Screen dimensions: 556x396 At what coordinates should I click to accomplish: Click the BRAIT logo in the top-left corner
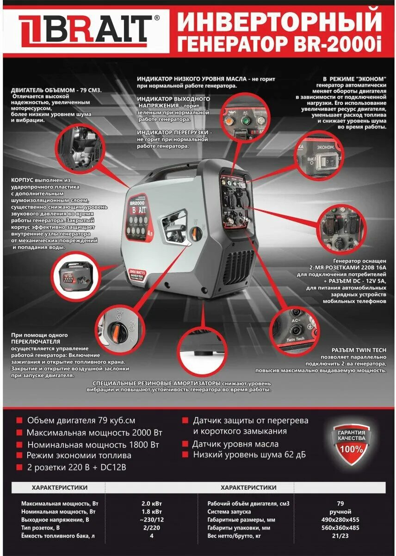[x=85, y=28]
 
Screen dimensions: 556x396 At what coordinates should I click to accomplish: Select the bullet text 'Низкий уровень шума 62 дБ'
[x=249, y=455]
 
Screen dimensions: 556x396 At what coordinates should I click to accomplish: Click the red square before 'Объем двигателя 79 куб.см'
[x=19, y=421]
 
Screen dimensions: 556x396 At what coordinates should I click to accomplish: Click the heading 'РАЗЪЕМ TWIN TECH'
[x=359, y=351]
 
